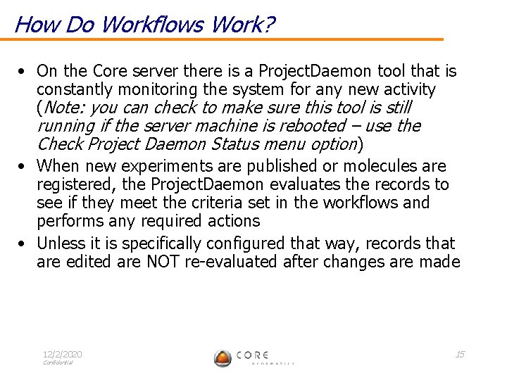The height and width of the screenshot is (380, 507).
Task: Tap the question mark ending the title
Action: pos(268,25)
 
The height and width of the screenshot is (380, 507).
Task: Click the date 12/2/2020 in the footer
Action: pos(62,354)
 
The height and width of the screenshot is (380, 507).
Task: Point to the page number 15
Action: pos(460,354)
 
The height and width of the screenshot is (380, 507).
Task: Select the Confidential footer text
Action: pos(57,363)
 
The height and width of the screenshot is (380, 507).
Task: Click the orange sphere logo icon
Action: pos(223,357)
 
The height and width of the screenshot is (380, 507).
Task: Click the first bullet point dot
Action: pos(24,72)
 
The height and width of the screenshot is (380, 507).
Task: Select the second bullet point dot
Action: pos(24,167)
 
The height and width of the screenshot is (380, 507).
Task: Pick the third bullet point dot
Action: pos(24,243)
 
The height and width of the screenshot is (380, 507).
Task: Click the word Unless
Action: pos(59,243)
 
